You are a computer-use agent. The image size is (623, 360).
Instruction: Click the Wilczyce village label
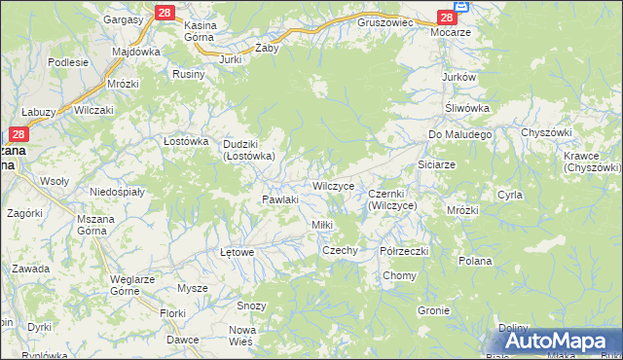(338, 185)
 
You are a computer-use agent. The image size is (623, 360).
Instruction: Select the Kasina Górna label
(207, 29)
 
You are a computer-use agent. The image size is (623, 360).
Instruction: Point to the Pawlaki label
(279, 199)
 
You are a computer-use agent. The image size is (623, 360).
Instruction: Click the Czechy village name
(341, 250)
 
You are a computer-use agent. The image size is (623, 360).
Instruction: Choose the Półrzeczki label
(405, 250)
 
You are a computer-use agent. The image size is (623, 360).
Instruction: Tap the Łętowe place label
(238, 252)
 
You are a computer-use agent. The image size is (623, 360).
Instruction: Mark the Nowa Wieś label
(241, 336)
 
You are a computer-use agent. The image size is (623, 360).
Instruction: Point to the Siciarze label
(436, 164)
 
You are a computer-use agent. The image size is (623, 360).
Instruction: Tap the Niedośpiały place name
(117, 192)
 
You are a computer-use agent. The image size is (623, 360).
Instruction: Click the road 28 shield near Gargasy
(164, 13)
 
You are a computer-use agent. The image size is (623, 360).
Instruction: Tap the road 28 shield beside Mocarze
(447, 18)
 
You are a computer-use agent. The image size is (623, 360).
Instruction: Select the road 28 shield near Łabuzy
(18, 135)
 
